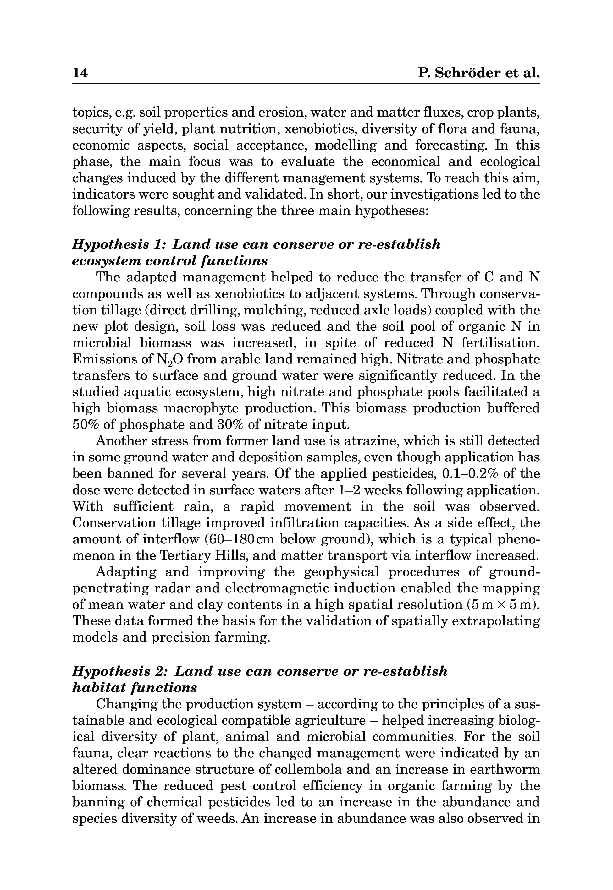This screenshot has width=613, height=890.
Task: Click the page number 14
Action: click(80, 73)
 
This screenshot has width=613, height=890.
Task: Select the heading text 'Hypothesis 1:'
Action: click(119, 244)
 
